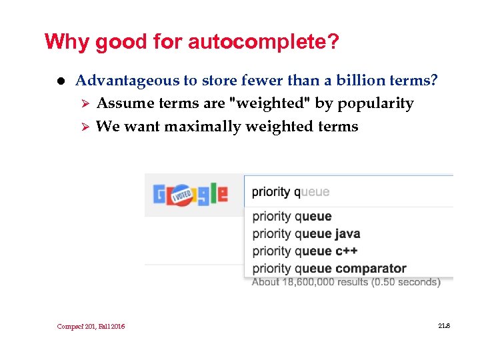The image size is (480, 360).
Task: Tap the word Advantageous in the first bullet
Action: click(127, 81)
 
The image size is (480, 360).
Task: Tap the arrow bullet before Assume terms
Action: click(84, 104)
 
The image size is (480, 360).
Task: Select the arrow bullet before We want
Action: click(84, 127)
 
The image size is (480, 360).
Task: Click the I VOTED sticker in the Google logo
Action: click(183, 195)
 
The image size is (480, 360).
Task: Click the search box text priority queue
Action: click(291, 192)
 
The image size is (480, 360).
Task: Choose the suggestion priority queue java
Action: click(306, 233)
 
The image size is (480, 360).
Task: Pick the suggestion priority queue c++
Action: click(305, 251)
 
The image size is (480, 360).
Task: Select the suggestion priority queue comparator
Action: click(329, 268)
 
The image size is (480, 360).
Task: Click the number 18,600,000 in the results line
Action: click(312, 282)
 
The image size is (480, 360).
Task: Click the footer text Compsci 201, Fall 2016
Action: click(91, 326)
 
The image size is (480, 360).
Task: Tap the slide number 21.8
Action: click(445, 325)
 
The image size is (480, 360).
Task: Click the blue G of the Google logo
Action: click(160, 195)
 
